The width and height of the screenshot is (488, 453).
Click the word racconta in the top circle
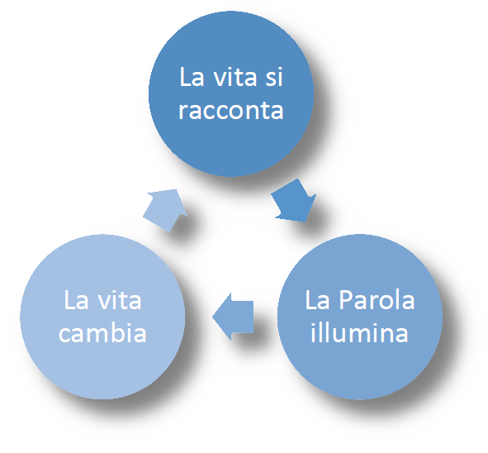(231, 110)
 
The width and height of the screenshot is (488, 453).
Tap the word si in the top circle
(274, 77)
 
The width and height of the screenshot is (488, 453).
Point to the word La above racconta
(192, 77)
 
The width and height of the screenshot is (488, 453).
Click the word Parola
(377, 300)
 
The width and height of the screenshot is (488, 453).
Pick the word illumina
(359, 332)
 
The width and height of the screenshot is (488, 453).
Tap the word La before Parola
(317, 300)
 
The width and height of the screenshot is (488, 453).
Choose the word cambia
(102, 332)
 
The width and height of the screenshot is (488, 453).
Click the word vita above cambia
(120, 300)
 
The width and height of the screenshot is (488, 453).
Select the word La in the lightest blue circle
(76, 300)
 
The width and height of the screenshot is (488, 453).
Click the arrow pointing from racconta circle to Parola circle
(294, 201)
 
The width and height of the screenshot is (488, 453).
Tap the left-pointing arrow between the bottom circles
(233, 317)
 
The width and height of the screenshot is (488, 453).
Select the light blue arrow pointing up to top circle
(166, 210)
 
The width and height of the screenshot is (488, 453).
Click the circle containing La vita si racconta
(231, 93)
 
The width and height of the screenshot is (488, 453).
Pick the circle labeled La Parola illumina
(360, 317)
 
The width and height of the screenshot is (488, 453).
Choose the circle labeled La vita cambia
(102, 317)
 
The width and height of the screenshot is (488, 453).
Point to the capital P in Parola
(345, 300)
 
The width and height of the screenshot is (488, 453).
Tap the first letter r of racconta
(183, 112)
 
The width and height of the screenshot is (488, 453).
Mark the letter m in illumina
(364, 334)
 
